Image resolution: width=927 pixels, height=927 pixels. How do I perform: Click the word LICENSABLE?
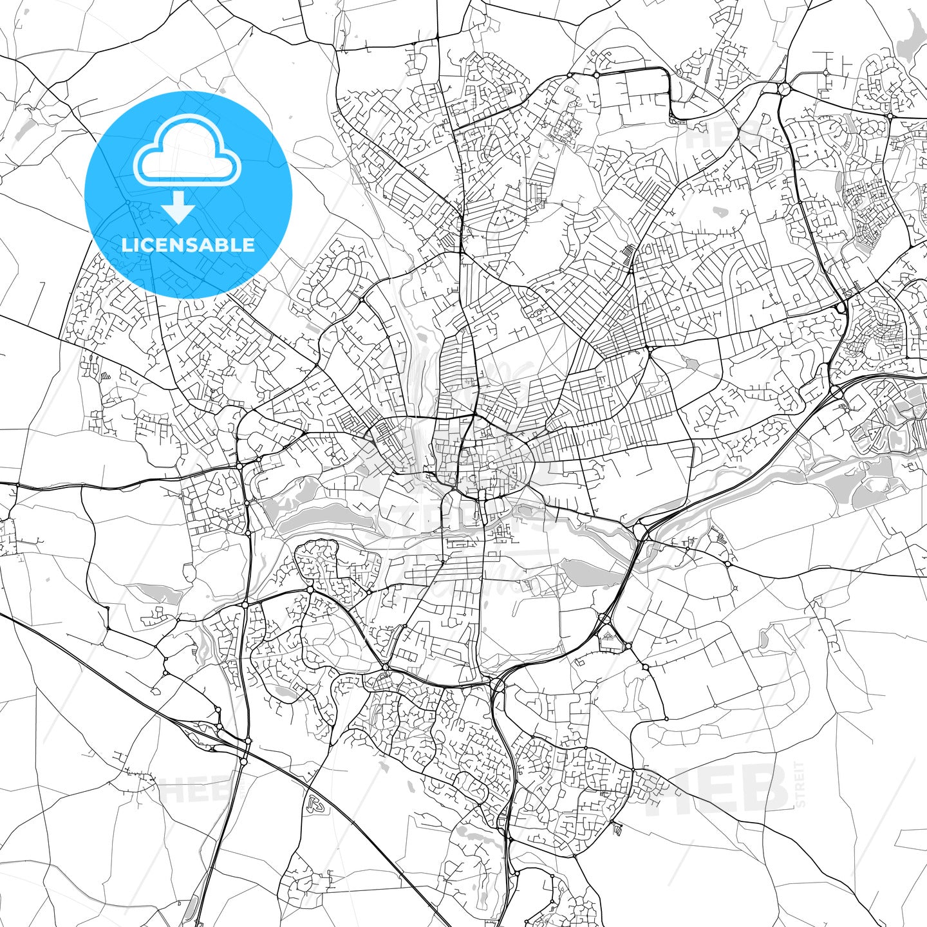[x=188, y=245]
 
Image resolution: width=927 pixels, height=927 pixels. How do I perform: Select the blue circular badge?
[x=188, y=195]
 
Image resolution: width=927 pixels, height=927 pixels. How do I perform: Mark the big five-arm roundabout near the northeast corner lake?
[x=784, y=88]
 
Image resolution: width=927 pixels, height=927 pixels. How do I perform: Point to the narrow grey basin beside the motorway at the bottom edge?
[x=191, y=908]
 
